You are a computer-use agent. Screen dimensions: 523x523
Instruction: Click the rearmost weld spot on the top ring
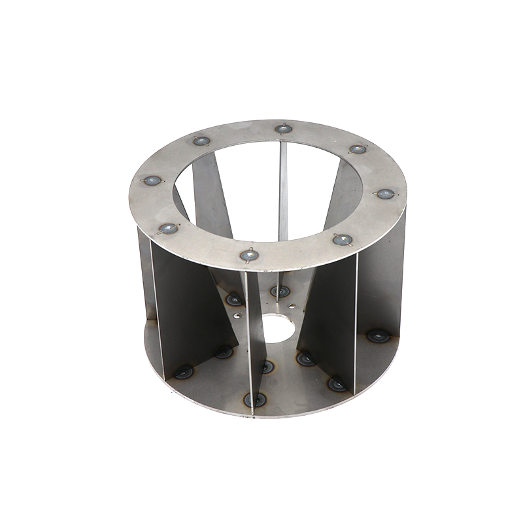tap(282, 129)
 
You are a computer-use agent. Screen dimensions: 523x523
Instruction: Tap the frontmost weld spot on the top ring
tap(248, 255)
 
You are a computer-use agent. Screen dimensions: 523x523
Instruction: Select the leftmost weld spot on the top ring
tap(152, 180)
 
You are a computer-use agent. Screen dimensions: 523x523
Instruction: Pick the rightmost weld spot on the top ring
tap(385, 194)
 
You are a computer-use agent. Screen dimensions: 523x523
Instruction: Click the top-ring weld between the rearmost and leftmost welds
tap(201, 141)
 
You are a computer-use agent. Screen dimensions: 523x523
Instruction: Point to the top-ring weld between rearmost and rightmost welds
tap(358, 149)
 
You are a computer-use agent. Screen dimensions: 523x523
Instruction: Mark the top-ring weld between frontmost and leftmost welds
tap(168, 228)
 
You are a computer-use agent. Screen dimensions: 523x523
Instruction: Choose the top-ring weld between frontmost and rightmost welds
tap(343, 240)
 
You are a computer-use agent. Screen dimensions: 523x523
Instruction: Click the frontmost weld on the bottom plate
tap(255, 399)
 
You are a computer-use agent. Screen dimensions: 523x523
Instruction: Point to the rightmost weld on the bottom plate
tap(378, 335)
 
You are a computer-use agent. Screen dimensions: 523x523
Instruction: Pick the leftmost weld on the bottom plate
tap(184, 371)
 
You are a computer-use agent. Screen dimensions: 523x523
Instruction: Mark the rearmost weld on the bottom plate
tap(280, 290)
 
